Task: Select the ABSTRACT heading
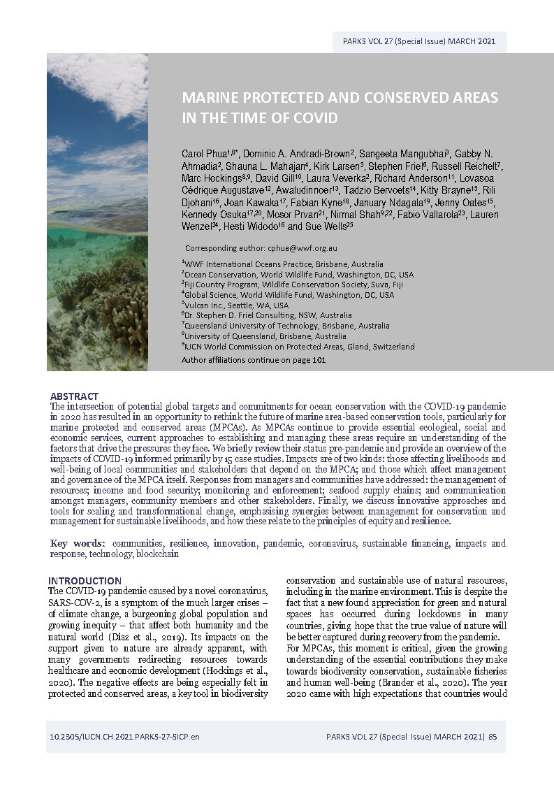coord(74,396)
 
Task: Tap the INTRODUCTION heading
coord(85,581)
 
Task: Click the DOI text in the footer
coord(124,737)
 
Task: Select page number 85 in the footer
coord(493,737)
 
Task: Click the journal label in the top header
coord(419,41)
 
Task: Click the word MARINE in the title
coord(210,97)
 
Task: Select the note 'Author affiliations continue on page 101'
coord(253,361)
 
